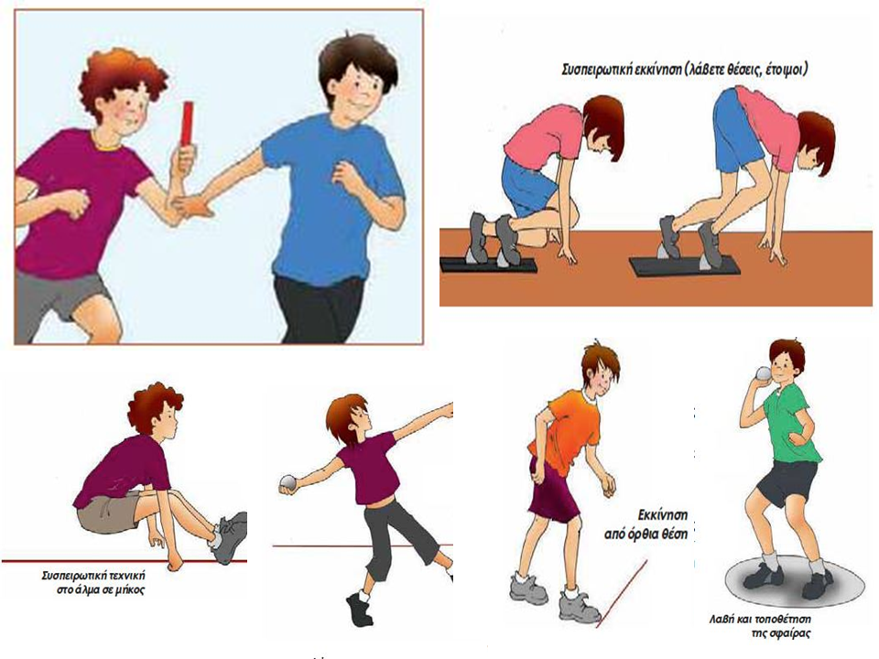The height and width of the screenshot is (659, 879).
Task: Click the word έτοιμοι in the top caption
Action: [x=787, y=71]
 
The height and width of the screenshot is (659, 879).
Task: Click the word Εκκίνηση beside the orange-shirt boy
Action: [x=663, y=515]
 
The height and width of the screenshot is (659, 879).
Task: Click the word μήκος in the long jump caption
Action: [x=131, y=589]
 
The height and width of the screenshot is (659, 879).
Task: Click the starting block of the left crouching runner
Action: [x=488, y=265]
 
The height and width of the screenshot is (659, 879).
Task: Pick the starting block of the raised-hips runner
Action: [x=684, y=265]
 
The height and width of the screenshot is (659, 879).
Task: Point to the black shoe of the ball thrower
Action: [x=359, y=610]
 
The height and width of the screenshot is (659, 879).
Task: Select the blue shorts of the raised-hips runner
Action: [x=730, y=128]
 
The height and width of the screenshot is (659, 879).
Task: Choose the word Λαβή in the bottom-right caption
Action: [x=720, y=621]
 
